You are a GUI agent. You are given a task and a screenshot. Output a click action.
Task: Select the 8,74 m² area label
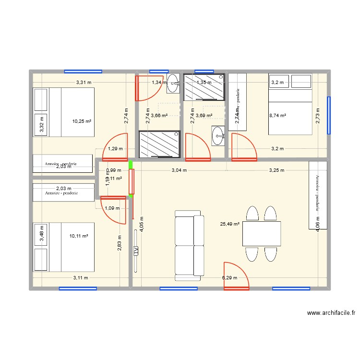coord(278,116)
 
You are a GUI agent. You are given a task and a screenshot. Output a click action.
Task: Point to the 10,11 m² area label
coord(78,236)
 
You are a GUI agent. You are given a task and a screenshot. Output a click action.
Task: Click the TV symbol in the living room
coord(136,250)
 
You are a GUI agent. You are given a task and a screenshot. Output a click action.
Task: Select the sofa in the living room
coord(189,245)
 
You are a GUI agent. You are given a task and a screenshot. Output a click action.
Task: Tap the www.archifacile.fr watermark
coord(331,313)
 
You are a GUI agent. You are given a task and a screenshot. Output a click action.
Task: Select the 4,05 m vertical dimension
coord(142,223)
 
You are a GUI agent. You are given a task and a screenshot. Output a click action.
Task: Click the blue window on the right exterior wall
coord(329,115)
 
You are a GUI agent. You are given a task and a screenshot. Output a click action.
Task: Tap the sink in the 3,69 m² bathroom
coord(218,135)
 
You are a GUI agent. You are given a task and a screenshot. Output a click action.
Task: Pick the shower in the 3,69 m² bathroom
coord(204,87)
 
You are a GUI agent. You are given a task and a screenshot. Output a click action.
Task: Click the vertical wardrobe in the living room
coord(317,195)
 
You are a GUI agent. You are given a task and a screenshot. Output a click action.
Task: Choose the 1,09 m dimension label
coord(112,208)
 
